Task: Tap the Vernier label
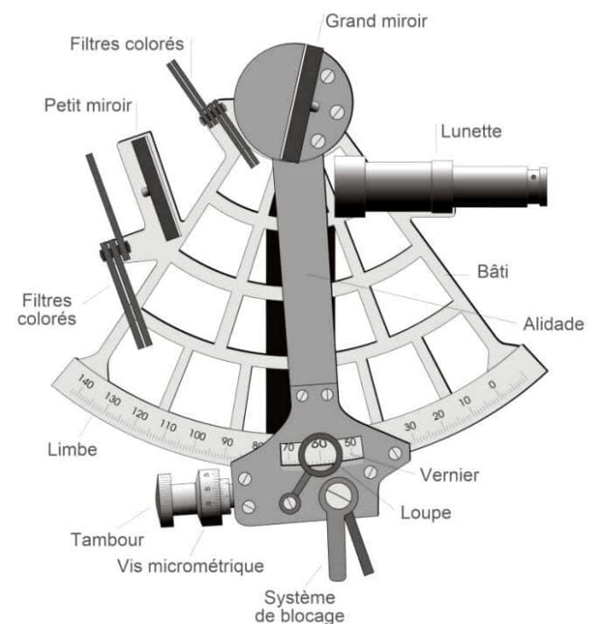448,474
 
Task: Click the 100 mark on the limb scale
198,436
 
